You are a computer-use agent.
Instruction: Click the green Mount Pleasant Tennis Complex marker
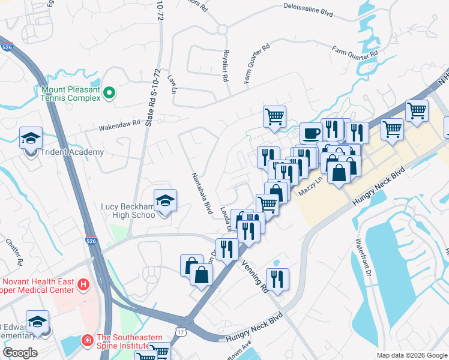click(x=109, y=92)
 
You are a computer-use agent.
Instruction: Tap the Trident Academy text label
click(x=72, y=152)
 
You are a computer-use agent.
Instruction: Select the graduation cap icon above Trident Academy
click(x=31, y=138)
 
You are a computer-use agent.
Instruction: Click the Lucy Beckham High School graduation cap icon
click(x=165, y=200)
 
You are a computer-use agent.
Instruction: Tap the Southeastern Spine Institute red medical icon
click(x=87, y=340)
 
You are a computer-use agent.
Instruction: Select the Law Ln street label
click(x=173, y=84)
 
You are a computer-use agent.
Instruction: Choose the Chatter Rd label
click(x=14, y=252)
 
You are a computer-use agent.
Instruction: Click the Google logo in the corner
click(x=19, y=353)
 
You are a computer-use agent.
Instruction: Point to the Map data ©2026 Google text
click(x=411, y=355)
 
